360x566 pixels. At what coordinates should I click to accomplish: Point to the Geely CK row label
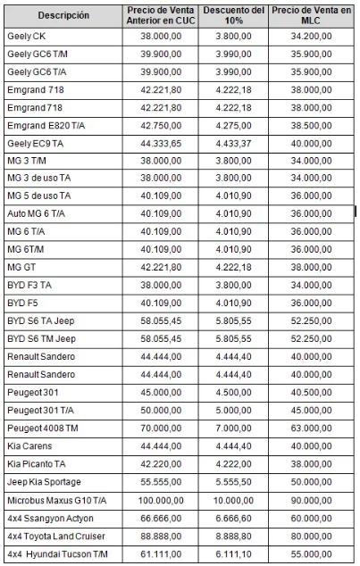click(26, 37)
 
